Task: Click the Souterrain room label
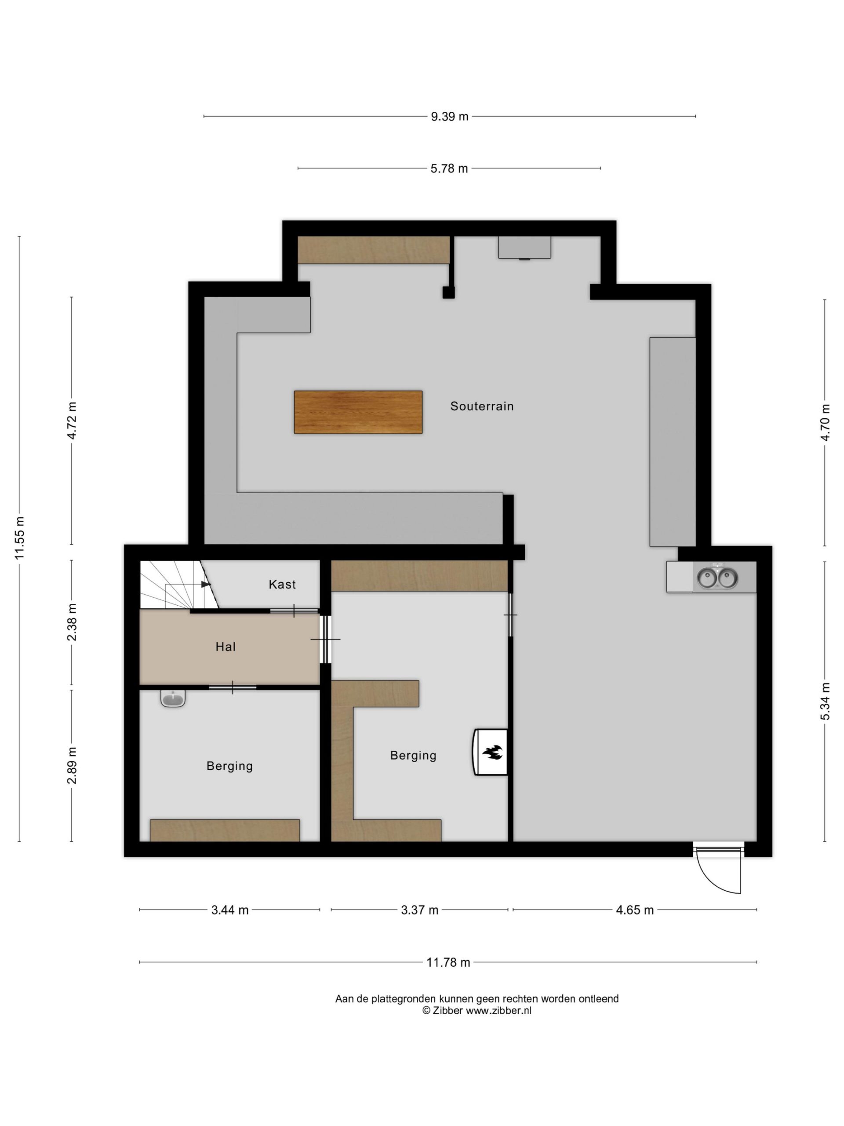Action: tap(481, 406)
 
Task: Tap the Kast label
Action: tap(282, 585)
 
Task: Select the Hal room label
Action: tap(226, 647)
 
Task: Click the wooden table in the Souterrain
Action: tap(358, 412)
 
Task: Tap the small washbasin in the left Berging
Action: tap(172, 698)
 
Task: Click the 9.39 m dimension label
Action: tap(449, 117)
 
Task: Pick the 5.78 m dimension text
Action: tap(449, 168)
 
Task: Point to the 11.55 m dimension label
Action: tap(19, 538)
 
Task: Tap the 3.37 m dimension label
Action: tap(419, 910)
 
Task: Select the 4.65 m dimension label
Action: tap(634, 910)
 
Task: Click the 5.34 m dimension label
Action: tap(825, 702)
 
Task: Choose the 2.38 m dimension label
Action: tap(72, 622)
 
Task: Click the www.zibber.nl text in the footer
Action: tap(498, 1011)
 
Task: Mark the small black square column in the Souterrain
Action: tap(448, 292)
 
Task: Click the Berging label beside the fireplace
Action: tap(413, 755)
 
